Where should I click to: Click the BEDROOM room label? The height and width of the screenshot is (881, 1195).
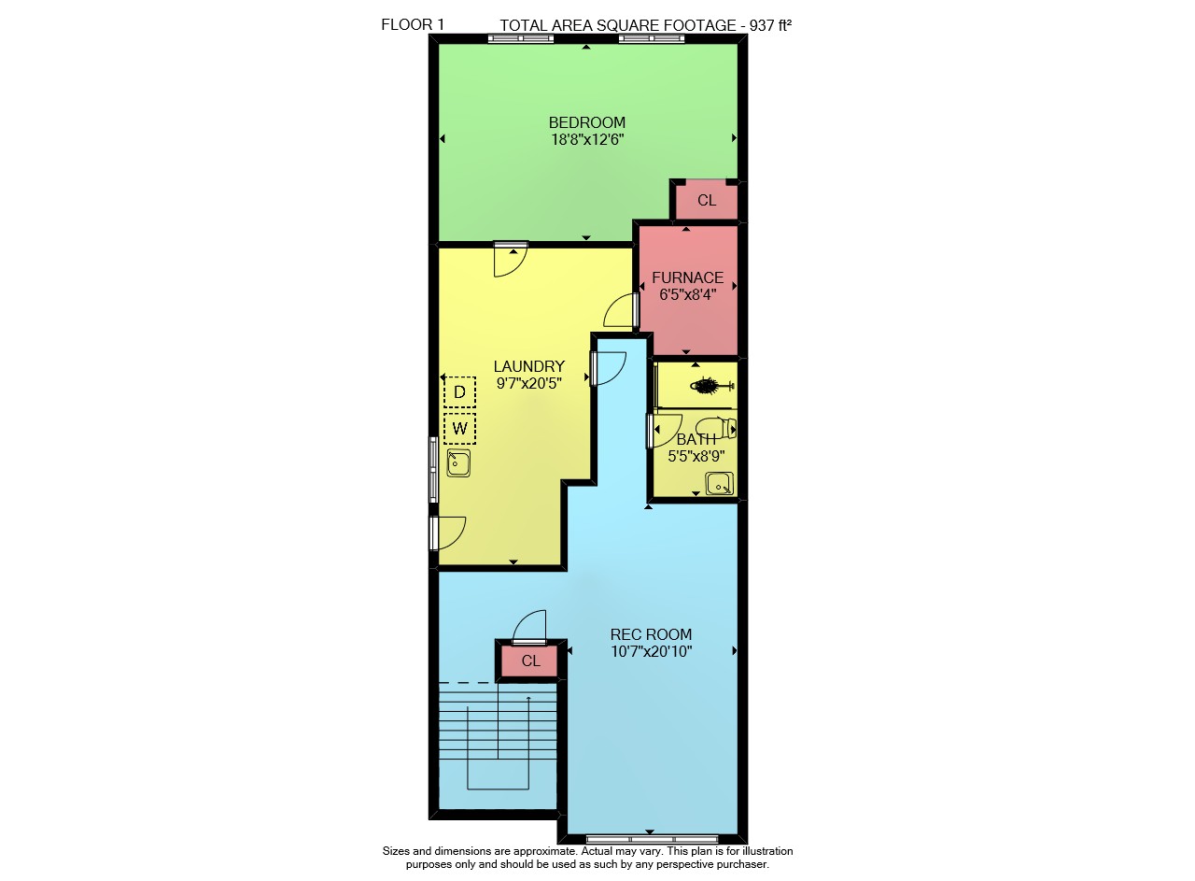point(587,122)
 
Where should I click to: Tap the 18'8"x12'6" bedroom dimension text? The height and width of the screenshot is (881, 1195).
point(587,139)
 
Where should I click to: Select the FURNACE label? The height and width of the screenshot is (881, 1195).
point(688,277)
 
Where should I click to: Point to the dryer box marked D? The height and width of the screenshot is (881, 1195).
point(459,391)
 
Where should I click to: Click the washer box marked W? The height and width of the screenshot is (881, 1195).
point(459,428)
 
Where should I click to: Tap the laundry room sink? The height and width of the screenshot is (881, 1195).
point(458,463)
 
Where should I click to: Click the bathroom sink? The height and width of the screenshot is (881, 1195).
point(719,484)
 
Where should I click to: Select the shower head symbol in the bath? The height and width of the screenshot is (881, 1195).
point(712,385)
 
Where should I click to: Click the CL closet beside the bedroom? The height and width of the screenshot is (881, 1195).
point(707,200)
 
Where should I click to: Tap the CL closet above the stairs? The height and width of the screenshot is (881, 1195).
point(531,661)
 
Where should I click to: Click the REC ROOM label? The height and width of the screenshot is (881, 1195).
point(651,634)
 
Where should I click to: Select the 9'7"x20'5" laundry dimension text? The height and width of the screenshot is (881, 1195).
point(528,383)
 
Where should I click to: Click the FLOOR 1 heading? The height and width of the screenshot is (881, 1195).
point(413,24)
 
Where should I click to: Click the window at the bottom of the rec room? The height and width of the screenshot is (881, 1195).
point(652,839)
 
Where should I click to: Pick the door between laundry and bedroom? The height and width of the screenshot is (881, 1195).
point(511,260)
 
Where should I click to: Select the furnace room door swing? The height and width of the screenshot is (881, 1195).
point(619,310)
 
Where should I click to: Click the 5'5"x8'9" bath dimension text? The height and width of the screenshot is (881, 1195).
point(696,456)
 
